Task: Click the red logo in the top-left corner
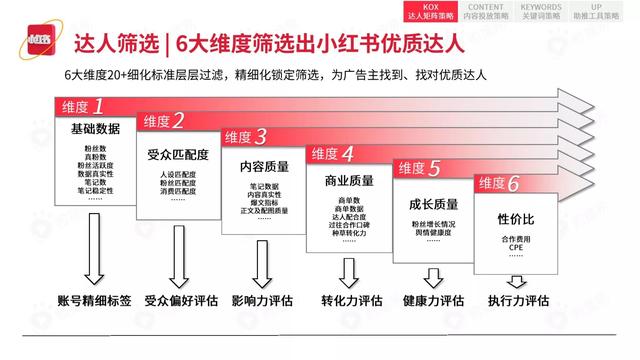pyautogui.click(x=34, y=44)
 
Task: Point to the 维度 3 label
pyautogui.click(x=245, y=137)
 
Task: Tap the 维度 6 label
pyautogui.click(x=498, y=183)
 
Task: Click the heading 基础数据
pyautogui.click(x=93, y=131)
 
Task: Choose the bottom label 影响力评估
pyautogui.click(x=262, y=300)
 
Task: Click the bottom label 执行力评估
pyautogui.click(x=518, y=300)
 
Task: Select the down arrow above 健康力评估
pyautogui.click(x=432, y=272)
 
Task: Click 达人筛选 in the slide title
pyautogui.click(x=117, y=45)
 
